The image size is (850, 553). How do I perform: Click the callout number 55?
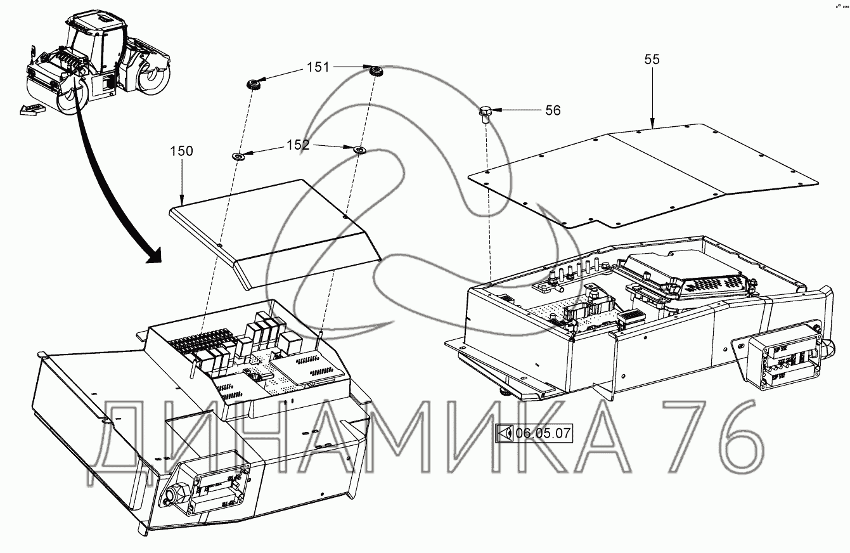point(652,60)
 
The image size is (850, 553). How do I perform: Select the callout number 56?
point(553,110)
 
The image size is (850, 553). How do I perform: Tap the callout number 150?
point(181,151)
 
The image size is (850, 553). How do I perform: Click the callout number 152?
point(298,145)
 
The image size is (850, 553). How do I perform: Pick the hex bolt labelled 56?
point(485,114)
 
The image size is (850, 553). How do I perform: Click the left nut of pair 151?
point(255,84)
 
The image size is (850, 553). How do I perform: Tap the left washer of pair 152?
point(239,155)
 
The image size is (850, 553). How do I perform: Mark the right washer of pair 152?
point(359,150)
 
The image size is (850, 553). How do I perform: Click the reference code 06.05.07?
point(543,434)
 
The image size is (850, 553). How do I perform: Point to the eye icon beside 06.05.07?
point(505,434)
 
